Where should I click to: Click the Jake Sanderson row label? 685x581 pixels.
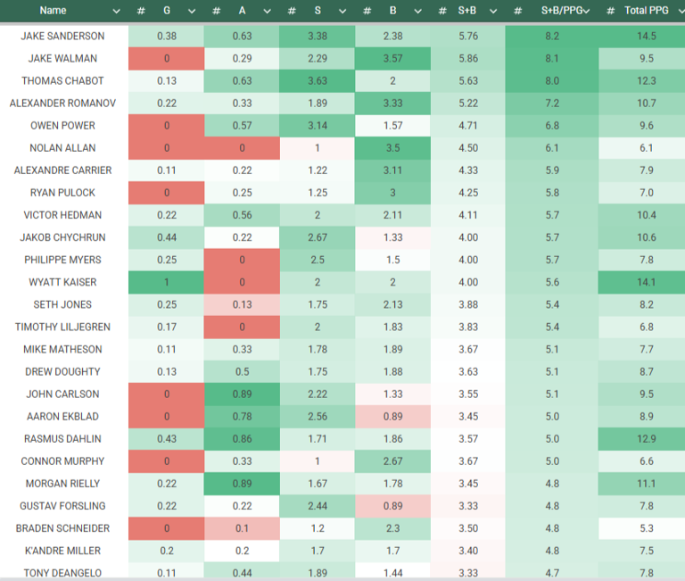coord(62,37)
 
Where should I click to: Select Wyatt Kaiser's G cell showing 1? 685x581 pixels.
coord(166,282)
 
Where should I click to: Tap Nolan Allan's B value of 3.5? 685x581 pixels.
coord(392,148)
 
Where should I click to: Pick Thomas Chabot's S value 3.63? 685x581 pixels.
coord(317,81)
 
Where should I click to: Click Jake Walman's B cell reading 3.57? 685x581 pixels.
coord(392,59)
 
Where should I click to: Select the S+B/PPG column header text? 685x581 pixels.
coord(563,11)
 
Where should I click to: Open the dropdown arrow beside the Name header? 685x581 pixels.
coord(116,11)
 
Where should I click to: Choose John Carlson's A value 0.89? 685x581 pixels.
coord(241,394)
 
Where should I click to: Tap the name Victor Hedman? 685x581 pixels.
coord(62,215)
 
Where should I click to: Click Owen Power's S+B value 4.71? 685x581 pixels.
coord(467,126)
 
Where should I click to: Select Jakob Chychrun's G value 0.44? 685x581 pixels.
coord(166,237)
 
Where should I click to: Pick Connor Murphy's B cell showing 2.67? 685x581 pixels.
coord(392,461)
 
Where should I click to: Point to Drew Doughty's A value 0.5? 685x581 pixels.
coord(241,372)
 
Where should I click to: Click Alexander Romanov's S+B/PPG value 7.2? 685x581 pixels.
coord(552,104)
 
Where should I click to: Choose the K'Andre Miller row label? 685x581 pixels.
coord(62,551)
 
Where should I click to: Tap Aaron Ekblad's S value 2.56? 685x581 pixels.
coord(317,417)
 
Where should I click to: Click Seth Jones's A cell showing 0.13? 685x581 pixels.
coord(241,304)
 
